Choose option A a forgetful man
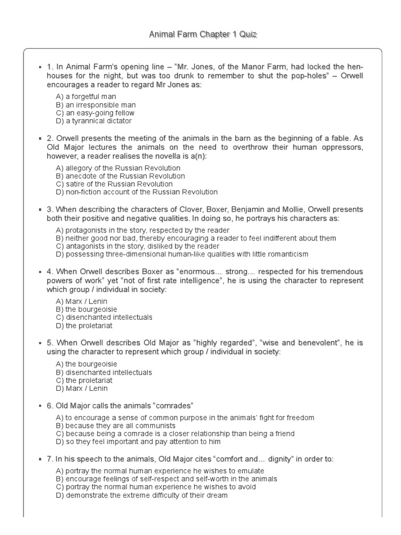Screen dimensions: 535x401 click(x=86, y=97)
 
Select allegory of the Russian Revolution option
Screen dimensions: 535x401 click(x=118, y=168)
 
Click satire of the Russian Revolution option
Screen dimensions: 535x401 click(x=114, y=184)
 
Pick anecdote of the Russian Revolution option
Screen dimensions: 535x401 click(x=120, y=176)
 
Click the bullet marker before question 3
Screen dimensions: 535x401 click(x=41, y=210)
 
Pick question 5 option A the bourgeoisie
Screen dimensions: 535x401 click(x=86, y=364)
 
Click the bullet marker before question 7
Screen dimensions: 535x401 click(x=41, y=459)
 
